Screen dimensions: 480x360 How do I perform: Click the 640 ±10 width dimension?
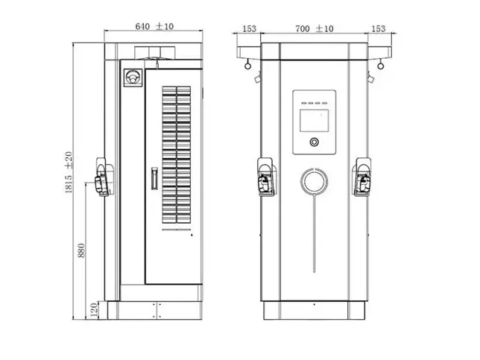point(154,27)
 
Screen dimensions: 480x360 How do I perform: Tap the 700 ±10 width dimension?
point(315,29)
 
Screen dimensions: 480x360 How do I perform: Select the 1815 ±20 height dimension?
point(69,172)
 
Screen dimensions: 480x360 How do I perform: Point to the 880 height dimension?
point(81,250)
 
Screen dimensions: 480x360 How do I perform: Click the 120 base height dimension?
point(95,309)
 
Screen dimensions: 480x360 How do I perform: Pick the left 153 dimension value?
point(249,29)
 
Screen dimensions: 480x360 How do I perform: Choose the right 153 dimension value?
point(379,29)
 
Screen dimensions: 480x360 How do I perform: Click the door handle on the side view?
point(154,178)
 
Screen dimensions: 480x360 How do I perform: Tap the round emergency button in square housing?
point(133,78)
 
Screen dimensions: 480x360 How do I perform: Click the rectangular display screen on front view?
point(314,121)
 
